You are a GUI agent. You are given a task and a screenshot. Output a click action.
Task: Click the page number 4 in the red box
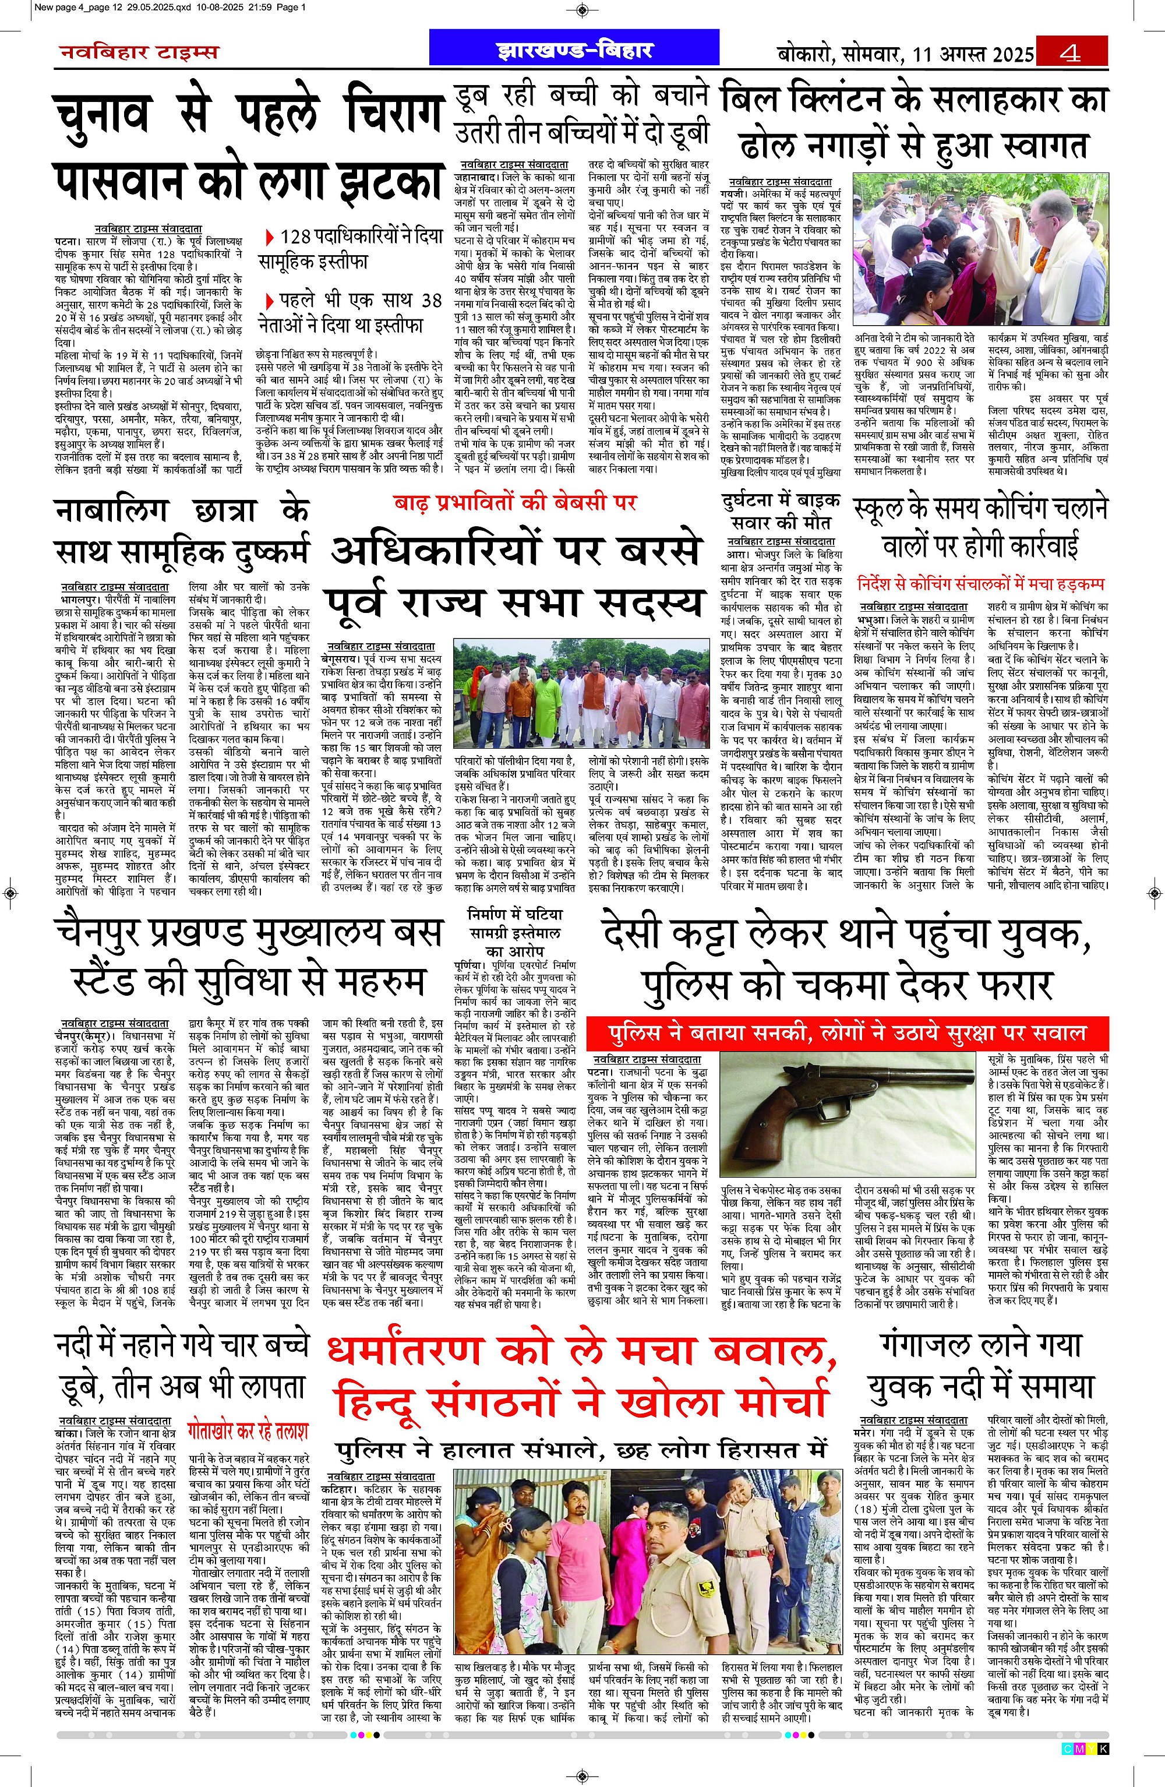1071,53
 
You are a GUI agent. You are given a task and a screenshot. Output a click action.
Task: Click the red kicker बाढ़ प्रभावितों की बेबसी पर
516,502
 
